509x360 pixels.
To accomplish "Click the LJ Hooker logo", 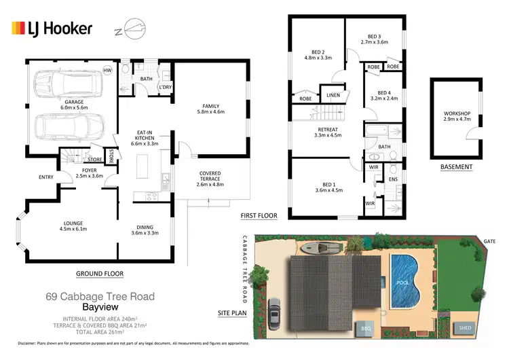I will tap(52, 29).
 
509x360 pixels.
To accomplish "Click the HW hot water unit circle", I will tap(107, 70).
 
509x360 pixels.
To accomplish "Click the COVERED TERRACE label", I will tap(210, 178).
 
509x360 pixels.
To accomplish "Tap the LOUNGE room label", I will tap(54, 225).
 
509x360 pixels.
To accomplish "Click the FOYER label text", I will tap(90, 172).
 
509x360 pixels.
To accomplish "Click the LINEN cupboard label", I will tap(333, 95).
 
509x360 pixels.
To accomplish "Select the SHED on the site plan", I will tap(466, 327).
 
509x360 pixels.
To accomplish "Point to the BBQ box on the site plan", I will tap(367, 327).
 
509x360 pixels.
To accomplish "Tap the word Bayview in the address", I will tap(100, 306).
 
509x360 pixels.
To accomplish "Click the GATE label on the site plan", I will tap(489, 241).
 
